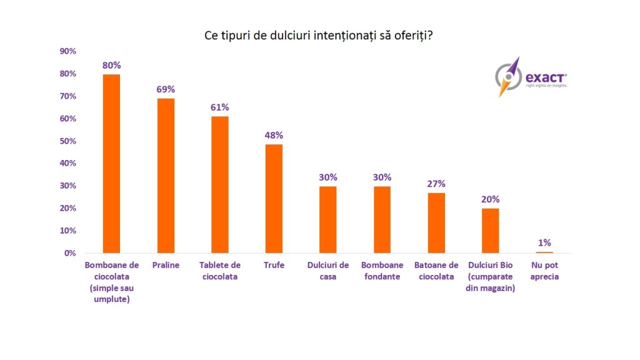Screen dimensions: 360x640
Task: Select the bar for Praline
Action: tap(166, 176)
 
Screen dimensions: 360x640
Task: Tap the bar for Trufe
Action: tap(274, 199)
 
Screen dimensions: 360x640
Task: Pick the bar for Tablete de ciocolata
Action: tap(219, 184)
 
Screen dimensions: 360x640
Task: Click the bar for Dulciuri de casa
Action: tap(328, 219)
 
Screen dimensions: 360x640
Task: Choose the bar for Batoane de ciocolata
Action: tap(436, 222)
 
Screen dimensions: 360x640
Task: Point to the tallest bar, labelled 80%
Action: tap(112, 164)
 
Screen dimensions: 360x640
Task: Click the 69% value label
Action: tap(166, 89)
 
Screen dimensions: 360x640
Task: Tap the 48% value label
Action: tap(274, 135)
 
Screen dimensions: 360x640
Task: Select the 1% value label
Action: tap(544, 242)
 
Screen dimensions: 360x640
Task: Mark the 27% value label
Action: tap(436, 184)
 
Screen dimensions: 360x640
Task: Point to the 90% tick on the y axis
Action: tap(67, 51)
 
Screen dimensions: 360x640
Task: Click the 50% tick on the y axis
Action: tap(67, 141)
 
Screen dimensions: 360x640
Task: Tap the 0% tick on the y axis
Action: tap(70, 253)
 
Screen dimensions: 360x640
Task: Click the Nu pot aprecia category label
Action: tap(544, 271)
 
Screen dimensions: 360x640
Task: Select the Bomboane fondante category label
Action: tap(382, 271)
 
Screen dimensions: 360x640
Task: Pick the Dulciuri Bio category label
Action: tap(491, 276)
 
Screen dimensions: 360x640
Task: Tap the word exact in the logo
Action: tap(546, 77)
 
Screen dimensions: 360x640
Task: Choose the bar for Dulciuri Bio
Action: tap(491, 231)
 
